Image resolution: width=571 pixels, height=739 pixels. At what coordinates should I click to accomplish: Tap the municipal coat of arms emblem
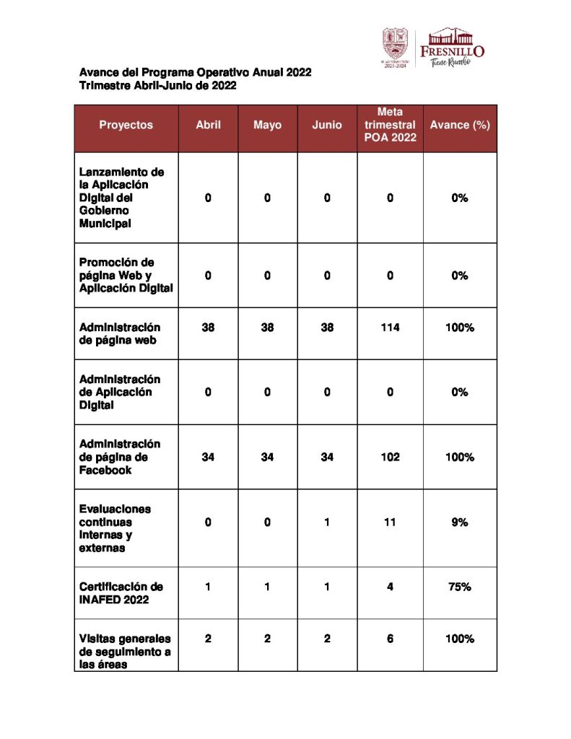(394, 47)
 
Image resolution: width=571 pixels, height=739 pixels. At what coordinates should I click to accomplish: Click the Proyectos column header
(126, 125)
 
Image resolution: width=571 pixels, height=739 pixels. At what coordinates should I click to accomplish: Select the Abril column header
(208, 125)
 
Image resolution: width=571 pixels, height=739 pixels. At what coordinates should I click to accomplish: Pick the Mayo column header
(267, 125)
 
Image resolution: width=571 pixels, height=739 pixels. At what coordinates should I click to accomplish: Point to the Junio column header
(327, 125)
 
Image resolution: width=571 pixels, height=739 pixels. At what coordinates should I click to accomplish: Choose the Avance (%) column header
(460, 125)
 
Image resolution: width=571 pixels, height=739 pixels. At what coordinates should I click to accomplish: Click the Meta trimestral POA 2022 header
(390, 125)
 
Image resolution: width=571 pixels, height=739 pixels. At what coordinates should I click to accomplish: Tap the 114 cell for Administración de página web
(390, 327)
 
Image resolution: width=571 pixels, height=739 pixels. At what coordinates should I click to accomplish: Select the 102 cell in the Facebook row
(390, 457)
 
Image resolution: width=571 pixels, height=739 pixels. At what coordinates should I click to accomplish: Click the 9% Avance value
(460, 522)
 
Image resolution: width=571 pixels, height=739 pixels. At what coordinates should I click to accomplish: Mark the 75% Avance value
(460, 587)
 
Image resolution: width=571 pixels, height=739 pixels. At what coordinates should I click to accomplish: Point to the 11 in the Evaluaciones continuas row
(390, 522)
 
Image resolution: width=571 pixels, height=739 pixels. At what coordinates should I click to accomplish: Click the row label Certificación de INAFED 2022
(121, 593)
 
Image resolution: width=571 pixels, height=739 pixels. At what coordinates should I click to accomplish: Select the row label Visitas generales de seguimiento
(124, 652)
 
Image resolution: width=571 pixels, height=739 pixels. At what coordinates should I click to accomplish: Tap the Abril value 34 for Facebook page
(208, 457)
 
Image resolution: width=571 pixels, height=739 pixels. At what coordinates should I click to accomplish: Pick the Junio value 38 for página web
(327, 327)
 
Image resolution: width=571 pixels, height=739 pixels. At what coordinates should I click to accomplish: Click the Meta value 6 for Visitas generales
(390, 639)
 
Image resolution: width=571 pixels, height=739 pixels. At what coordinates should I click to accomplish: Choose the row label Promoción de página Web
(126, 275)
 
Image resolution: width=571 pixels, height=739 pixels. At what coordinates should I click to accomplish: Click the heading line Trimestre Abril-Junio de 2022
(158, 85)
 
